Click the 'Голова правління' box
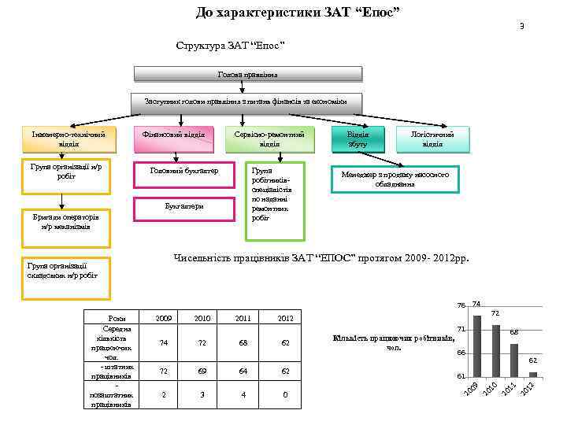pyautogui.click(x=248, y=75)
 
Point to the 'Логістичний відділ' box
pyautogui.click(x=432, y=139)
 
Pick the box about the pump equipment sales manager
pyautogui.click(x=395, y=179)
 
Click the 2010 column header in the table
pyautogui.click(x=202, y=318)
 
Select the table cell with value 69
pyautogui.click(x=202, y=369)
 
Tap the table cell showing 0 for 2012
pyautogui.click(x=285, y=394)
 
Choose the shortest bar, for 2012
pyautogui.click(x=533, y=375)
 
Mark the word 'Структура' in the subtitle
pyautogui.click(x=198, y=45)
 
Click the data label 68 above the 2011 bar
pyautogui.click(x=513, y=334)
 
